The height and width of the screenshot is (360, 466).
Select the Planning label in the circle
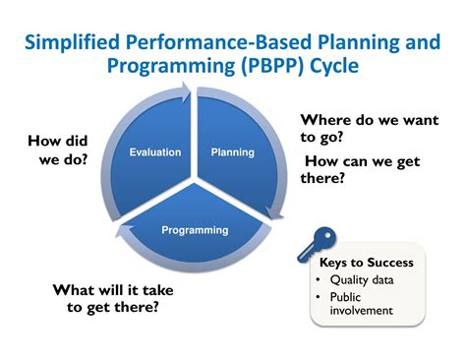[233, 151]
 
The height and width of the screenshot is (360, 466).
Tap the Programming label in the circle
[195, 230]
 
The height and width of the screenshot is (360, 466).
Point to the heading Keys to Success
[366, 263]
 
